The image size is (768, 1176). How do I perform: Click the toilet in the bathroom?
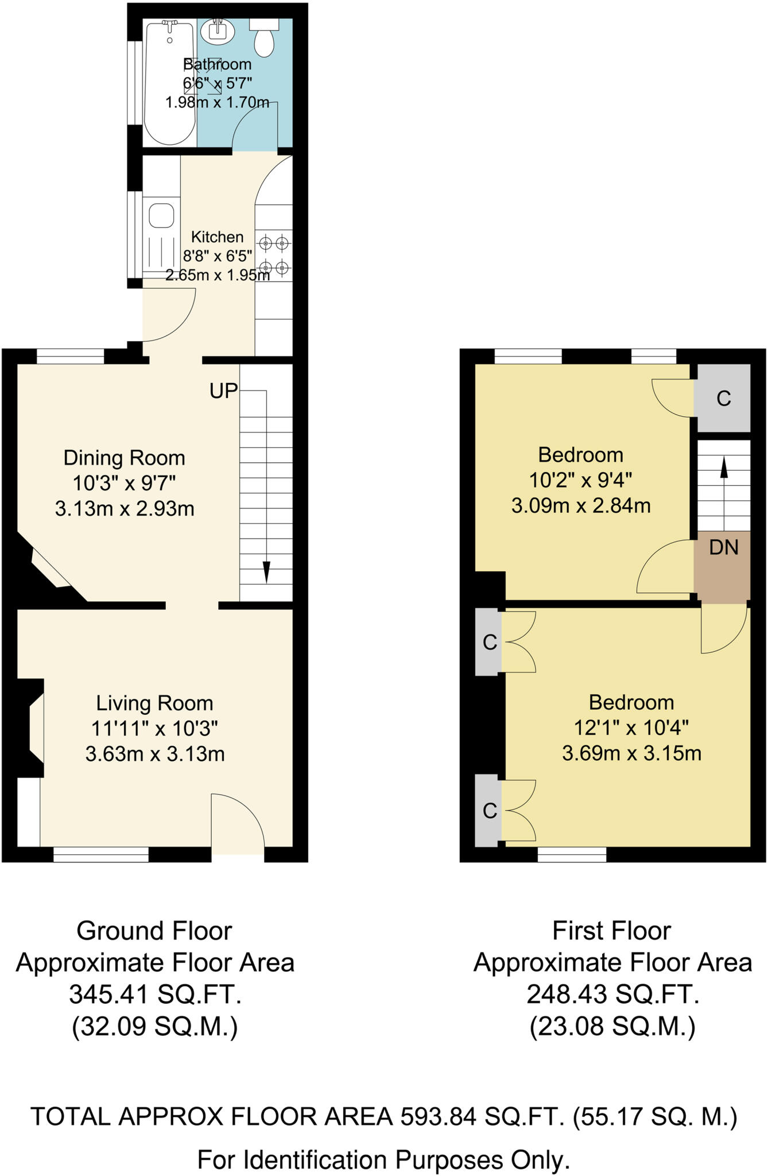click(x=265, y=40)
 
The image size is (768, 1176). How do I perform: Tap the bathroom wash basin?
click(x=219, y=32)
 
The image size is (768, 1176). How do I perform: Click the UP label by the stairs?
click(x=223, y=391)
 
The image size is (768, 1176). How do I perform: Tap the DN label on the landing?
click(x=723, y=548)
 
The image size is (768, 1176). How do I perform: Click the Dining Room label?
click(x=125, y=458)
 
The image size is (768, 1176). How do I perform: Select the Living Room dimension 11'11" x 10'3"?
click(x=154, y=729)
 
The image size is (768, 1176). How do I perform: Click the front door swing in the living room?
click(x=237, y=821)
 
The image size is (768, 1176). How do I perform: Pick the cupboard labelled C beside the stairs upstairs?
click(x=723, y=398)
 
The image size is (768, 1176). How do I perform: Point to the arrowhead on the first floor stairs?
click(x=724, y=468)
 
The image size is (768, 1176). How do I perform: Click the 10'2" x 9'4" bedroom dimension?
click(x=580, y=480)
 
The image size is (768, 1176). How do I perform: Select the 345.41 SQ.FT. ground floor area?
click(x=155, y=995)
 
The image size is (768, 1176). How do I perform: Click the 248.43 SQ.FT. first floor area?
click(x=612, y=995)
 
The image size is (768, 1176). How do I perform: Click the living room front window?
click(x=101, y=854)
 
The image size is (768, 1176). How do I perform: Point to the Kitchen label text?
click(x=217, y=237)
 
